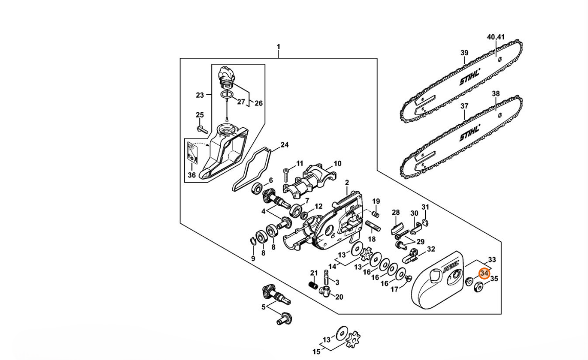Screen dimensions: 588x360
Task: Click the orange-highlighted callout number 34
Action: (x=485, y=274)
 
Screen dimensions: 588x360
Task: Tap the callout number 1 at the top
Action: (x=278, y=47)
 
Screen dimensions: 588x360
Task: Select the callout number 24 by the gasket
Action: (x=285, y=145)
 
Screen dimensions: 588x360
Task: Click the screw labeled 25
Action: (x=202, y=129)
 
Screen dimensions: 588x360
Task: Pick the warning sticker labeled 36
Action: (x=192, y=154)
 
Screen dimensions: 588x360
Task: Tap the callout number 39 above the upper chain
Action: (x=464, y=53)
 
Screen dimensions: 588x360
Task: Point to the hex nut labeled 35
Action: (x=479, y=288)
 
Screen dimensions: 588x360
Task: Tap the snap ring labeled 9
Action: (x=253, y=240)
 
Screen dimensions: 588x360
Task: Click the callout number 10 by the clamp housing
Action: (x=338, y=163)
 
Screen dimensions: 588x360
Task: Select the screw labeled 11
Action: (x=287, y=174)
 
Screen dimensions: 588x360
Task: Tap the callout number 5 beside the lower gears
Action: (x=263, y=307)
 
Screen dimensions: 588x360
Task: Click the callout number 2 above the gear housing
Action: (x=347, y=183)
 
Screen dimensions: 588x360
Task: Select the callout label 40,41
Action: (x=496, y=37)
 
